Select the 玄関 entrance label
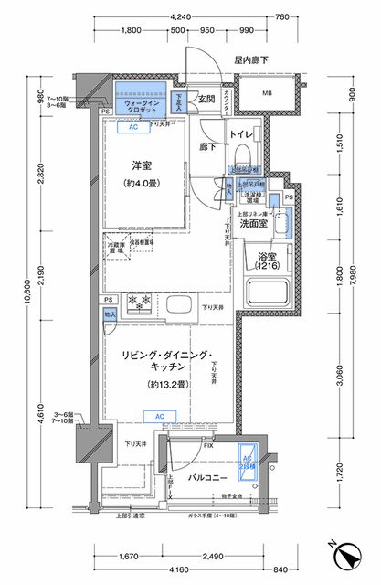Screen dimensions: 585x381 206,100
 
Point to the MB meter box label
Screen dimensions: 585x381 268,93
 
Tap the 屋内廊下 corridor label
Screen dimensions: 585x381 251,59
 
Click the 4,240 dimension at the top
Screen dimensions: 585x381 206,16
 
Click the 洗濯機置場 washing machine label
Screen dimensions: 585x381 252,198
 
